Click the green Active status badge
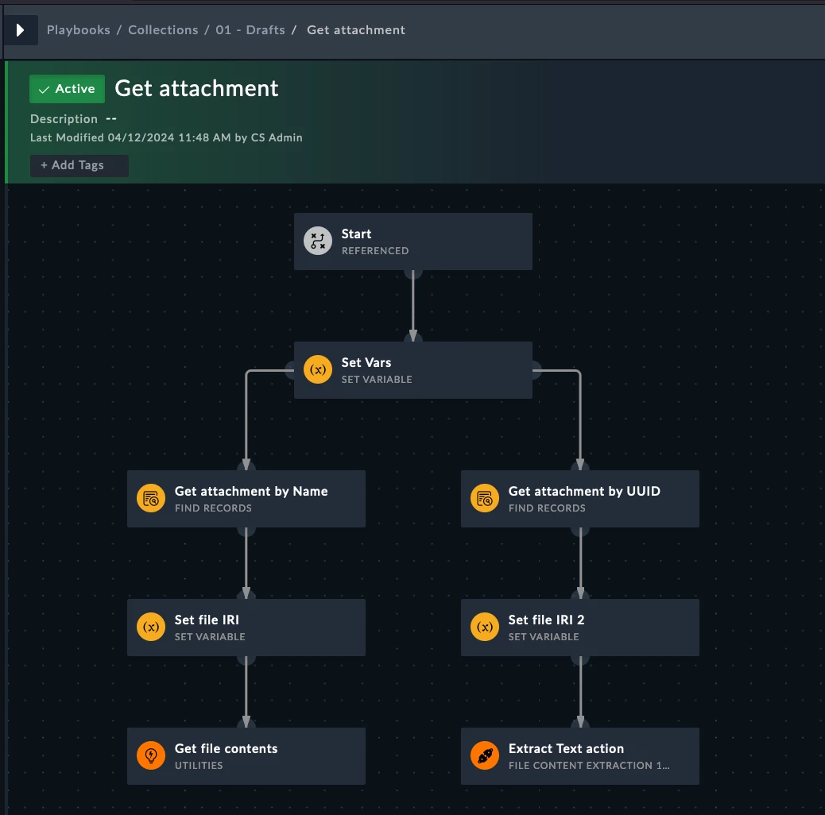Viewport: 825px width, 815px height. point(67,89)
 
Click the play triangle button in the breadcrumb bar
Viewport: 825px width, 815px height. point(21,30)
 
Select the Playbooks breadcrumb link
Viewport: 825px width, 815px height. point(79,30)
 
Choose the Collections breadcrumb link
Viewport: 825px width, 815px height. point(163,30)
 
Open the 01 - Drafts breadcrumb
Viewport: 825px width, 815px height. point(250,30)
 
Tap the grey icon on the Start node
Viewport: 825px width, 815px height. point(318,241)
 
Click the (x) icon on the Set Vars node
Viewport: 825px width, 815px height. point(318,369)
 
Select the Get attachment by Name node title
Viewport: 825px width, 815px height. point(251,491)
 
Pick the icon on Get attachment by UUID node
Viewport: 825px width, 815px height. point(485,498)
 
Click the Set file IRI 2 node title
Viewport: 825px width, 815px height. point(546,620)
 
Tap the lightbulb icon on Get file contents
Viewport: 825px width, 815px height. point(151,755)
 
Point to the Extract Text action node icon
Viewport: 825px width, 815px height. point(485,755)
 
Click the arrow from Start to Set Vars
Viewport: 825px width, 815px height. point(413,306)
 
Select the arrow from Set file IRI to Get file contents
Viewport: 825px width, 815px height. point(246,691)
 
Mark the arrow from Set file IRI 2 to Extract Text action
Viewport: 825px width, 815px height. point(580,691)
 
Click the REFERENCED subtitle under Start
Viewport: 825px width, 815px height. point(375,251)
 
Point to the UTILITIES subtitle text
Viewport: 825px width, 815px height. point(199,766)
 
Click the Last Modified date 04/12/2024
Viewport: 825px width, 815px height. point(141,137)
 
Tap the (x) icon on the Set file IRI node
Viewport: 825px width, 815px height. point(151,627)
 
